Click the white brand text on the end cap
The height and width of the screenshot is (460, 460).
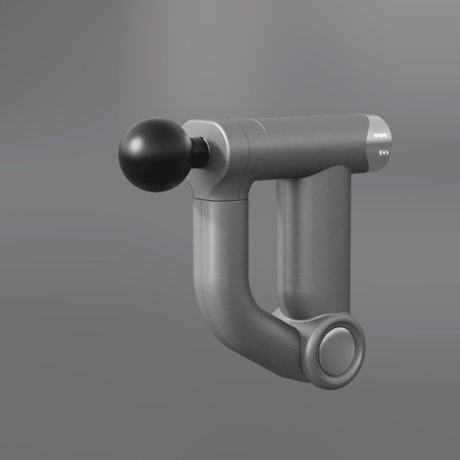[380, 137]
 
